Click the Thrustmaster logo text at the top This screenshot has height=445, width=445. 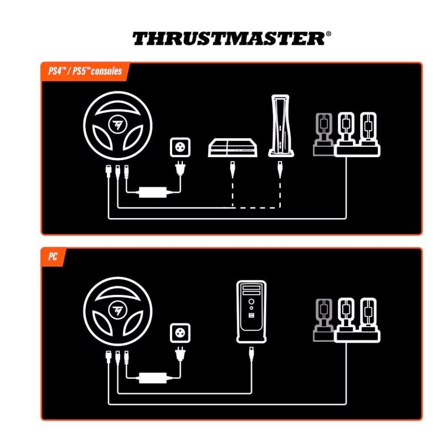tap(229, 39)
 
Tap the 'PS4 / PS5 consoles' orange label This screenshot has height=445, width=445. tap(85, 71)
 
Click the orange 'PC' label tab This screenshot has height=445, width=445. tap(53, 257)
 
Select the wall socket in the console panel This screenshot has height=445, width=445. tap(180, 147)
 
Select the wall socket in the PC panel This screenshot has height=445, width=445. tap(180, 332)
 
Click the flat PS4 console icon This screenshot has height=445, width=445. tap(233, 148)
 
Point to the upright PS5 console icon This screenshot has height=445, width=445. tap(281, 126)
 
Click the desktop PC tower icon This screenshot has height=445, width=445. tap(251, 311)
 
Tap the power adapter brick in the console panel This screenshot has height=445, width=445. tap(153, 192)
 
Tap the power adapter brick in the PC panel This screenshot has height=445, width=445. tap(153, 378)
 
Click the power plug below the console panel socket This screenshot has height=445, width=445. tap(180, 168)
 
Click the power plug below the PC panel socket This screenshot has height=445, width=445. tap(180, 354)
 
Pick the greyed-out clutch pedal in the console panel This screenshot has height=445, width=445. tap(324, 134)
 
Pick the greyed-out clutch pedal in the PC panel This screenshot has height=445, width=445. tap(324, 320)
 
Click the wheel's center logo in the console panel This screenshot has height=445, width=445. tap(117, 124)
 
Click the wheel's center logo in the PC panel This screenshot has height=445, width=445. tap(117, 310)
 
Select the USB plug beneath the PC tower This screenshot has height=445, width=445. tap(251, 355)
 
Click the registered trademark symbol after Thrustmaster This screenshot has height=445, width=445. tap(328, 34)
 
